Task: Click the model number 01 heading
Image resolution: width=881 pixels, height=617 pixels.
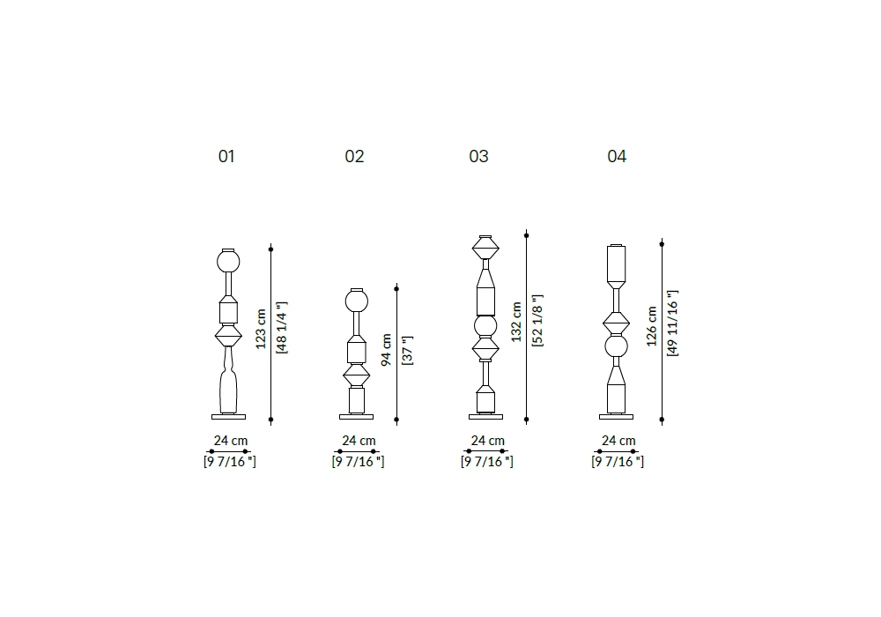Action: pos(226,156)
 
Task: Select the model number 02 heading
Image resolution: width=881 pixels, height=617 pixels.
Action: pos(354,156)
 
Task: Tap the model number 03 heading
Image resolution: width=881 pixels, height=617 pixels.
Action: pos(478,156)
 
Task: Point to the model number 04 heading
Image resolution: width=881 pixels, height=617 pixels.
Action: pos(617,156)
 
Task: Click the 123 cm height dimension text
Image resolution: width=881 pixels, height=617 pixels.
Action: pos(261,329)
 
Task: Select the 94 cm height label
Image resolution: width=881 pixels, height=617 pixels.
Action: pos(387,350)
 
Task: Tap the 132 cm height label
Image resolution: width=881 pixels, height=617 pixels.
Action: pos(516,322)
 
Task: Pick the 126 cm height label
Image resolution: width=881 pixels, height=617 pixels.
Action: pos(652,326)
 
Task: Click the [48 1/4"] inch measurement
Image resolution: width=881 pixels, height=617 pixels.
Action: pos(282,328)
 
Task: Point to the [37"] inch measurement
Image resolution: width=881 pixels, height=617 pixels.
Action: pos(407,351)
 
